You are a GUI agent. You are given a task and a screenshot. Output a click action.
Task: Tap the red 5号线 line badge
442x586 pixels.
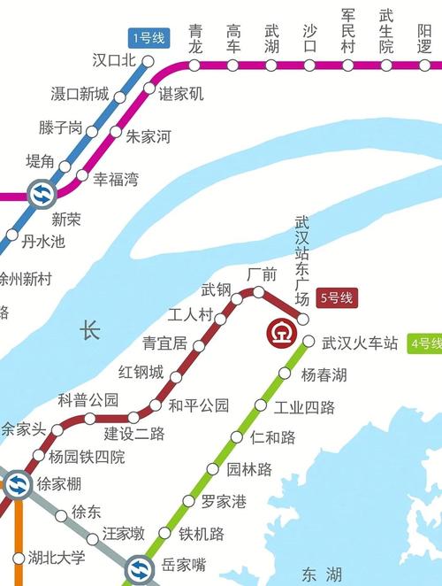[336, 298]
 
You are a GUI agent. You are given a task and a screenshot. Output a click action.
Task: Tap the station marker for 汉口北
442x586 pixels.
[149, 61]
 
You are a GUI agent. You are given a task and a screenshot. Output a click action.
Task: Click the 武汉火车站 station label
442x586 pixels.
[360, 343]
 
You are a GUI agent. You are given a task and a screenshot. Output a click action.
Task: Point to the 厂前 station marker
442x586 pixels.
[258, 291]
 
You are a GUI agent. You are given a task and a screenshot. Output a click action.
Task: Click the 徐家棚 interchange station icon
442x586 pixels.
[18, 484]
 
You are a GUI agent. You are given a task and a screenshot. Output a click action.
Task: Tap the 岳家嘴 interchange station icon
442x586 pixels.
[139, 566]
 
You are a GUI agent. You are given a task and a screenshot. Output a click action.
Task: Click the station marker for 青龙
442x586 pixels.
[194, 65]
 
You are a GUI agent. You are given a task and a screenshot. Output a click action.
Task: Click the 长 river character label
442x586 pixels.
[90, 331]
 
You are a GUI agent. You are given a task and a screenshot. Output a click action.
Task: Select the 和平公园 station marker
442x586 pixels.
[156, 406]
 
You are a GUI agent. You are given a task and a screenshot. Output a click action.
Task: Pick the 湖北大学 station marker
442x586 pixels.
[19, 558]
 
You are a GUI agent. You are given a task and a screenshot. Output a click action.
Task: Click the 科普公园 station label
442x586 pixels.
[88, 400]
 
